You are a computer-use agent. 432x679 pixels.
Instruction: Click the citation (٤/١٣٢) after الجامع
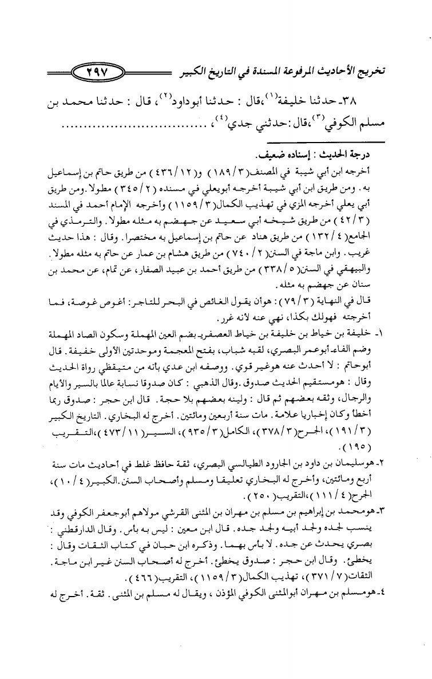point(360,234)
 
